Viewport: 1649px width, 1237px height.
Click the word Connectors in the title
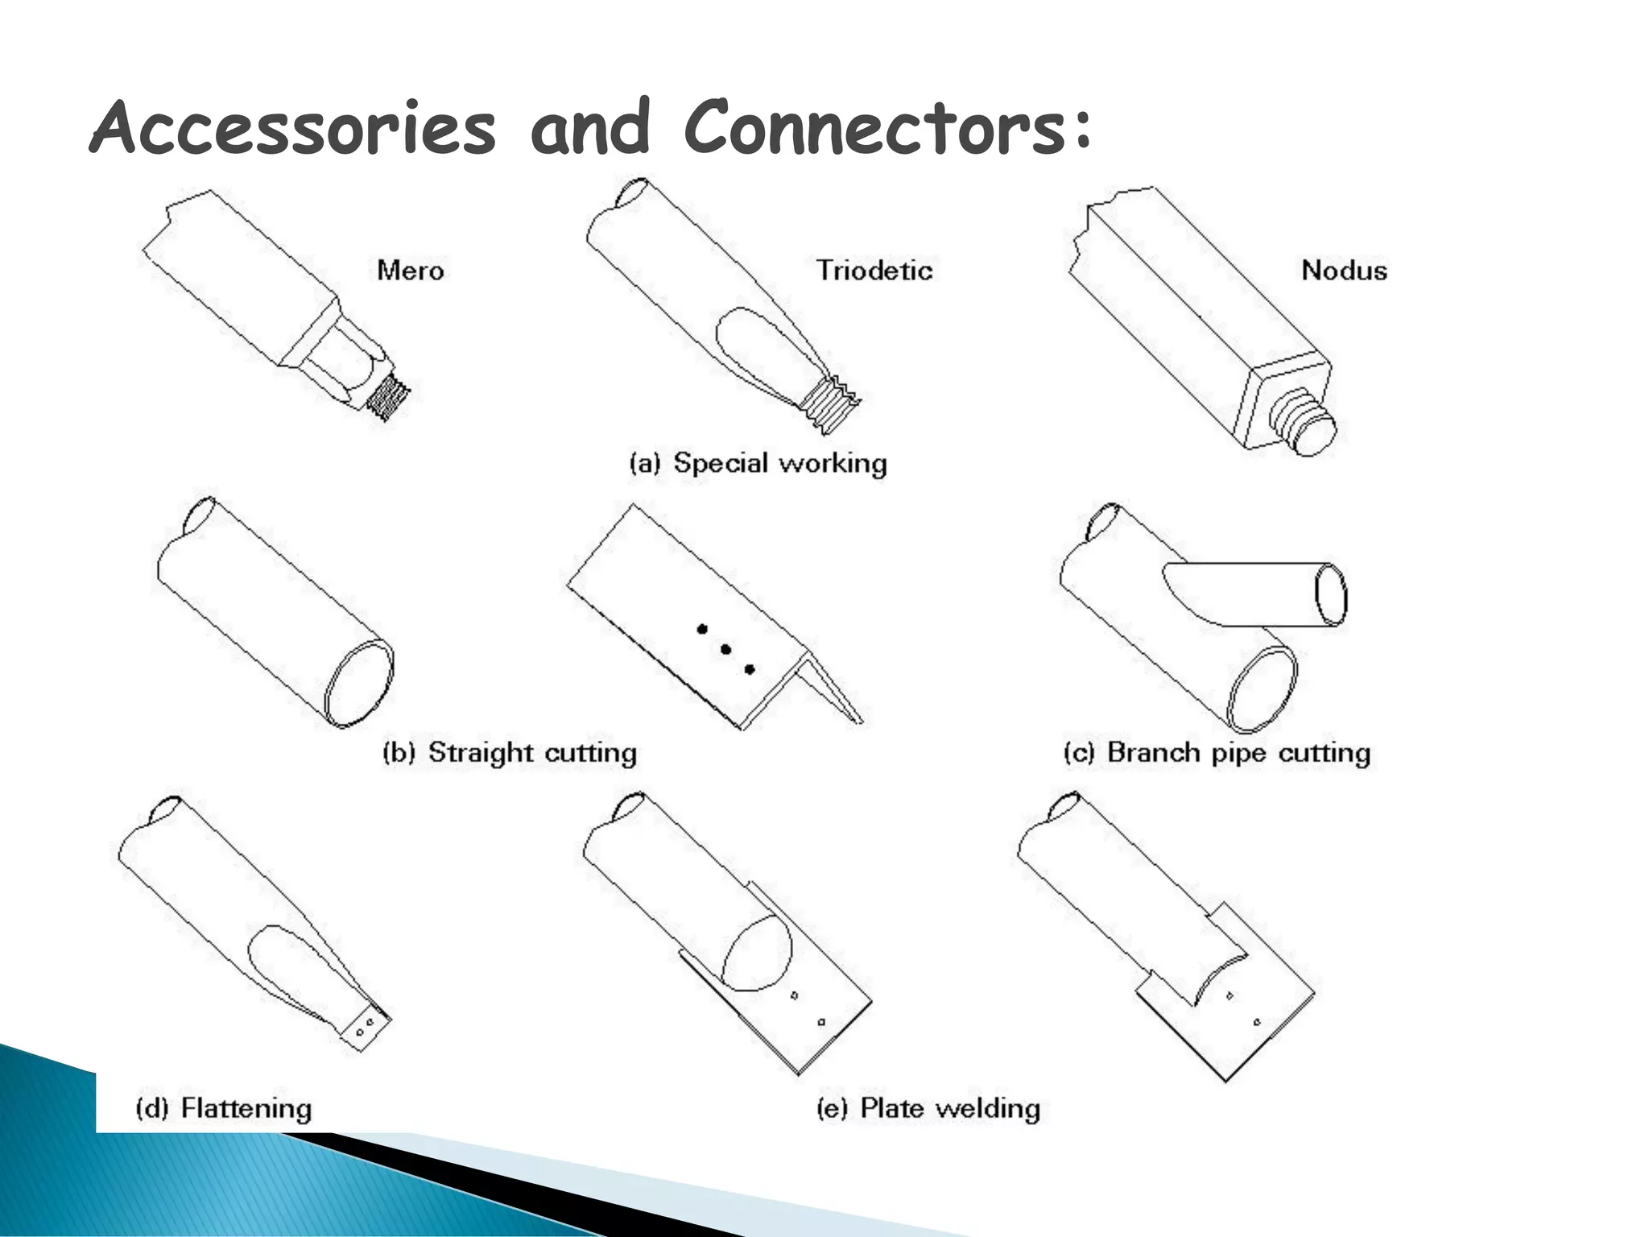pyautogui.click(x=876, y=127)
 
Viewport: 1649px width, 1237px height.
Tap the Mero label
pyautogui.click(x=410, y=270)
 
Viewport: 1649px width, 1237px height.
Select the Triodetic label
pyautogui.click(x=874, y=270)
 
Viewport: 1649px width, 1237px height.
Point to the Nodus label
pyautogui.click(x=1344, y=270)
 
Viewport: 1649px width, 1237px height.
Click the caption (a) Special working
pyautogui.click(x=758, y=463)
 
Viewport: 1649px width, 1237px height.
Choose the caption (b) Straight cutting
pyautogui.click(x=510, y=752)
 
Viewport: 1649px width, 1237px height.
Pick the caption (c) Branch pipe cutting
pyautogui.click(x=1216, y=752)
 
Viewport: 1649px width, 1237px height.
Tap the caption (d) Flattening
pyautogui.click(x=223, y=1108)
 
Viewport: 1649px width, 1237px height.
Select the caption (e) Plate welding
pyautogui.click(x=928, y=1108)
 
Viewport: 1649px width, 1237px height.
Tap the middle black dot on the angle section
pyautogui.click(x=725, y=649)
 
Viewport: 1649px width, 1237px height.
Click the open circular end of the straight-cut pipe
pyautogui.click(x=359, y=685)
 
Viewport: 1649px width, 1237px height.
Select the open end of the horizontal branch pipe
pyautogui.click(x=1330, y=594)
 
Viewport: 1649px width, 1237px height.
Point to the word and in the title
pyautogui.click(x=589, y=127)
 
